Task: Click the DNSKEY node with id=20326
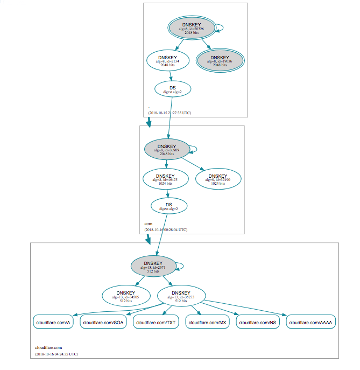click(x=192, y=29)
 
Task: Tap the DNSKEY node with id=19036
click(x=219, y=60)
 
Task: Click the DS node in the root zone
click(x=172, y=89)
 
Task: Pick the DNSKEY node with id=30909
click(x=167, y=149)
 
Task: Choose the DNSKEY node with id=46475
click(x=166, y=179)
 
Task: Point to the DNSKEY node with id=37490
click(x=217, y=179)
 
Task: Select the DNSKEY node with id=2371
click(x=153, y=267)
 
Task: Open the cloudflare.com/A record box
click(x=53, y=323)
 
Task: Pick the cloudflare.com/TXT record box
click(x=156, y=323)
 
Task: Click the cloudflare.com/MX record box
click(x=208, y=323)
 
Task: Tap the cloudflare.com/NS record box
click(x=258, y=323)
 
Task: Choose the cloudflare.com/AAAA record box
click(x=311, y=323)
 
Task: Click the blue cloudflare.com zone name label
click(x=48, y=347)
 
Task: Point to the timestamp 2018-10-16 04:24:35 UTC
click(x=56, y=354)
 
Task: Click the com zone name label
click(x=148, y=223)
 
